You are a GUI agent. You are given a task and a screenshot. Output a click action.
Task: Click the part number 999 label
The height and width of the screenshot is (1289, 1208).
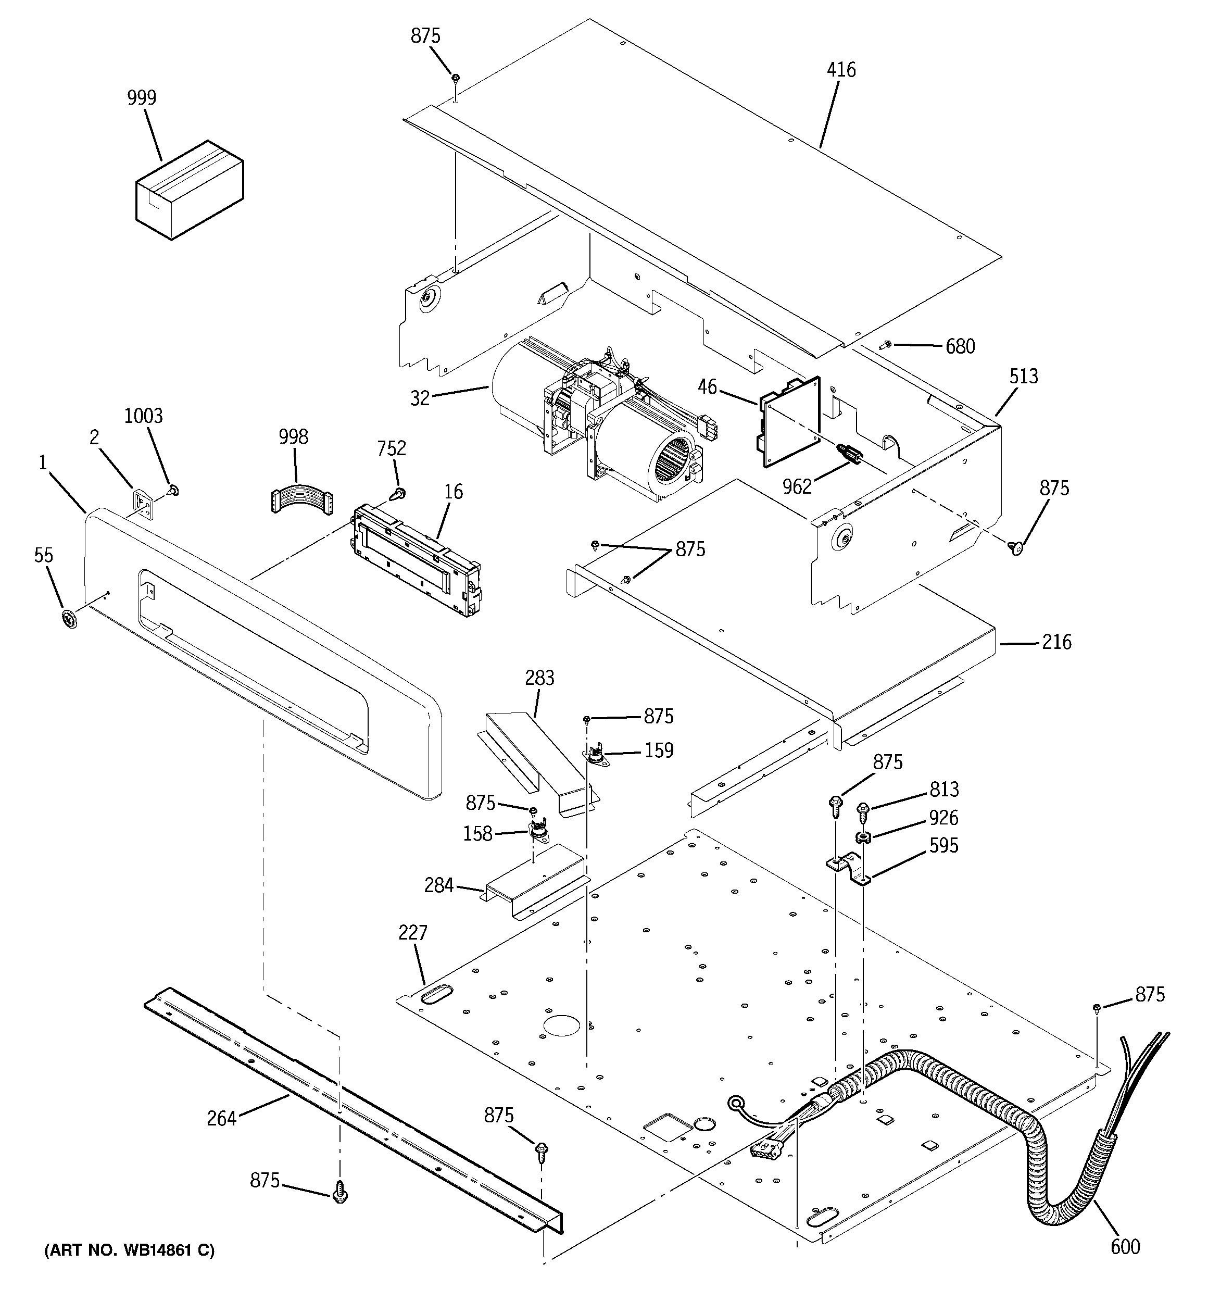(x=141, y=98)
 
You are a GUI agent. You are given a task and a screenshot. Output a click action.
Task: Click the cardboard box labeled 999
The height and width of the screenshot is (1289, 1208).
(x=190, y=191)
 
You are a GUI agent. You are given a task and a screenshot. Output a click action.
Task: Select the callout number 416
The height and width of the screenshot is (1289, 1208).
(x=840, y=69)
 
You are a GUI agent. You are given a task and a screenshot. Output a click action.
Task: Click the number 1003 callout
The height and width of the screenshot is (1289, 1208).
(x=143, y=416)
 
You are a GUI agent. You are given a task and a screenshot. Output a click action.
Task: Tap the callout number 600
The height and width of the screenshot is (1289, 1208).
(x=1125, y=1246)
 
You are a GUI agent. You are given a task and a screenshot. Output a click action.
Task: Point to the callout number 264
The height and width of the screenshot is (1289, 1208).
(x=221, y=1119)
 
